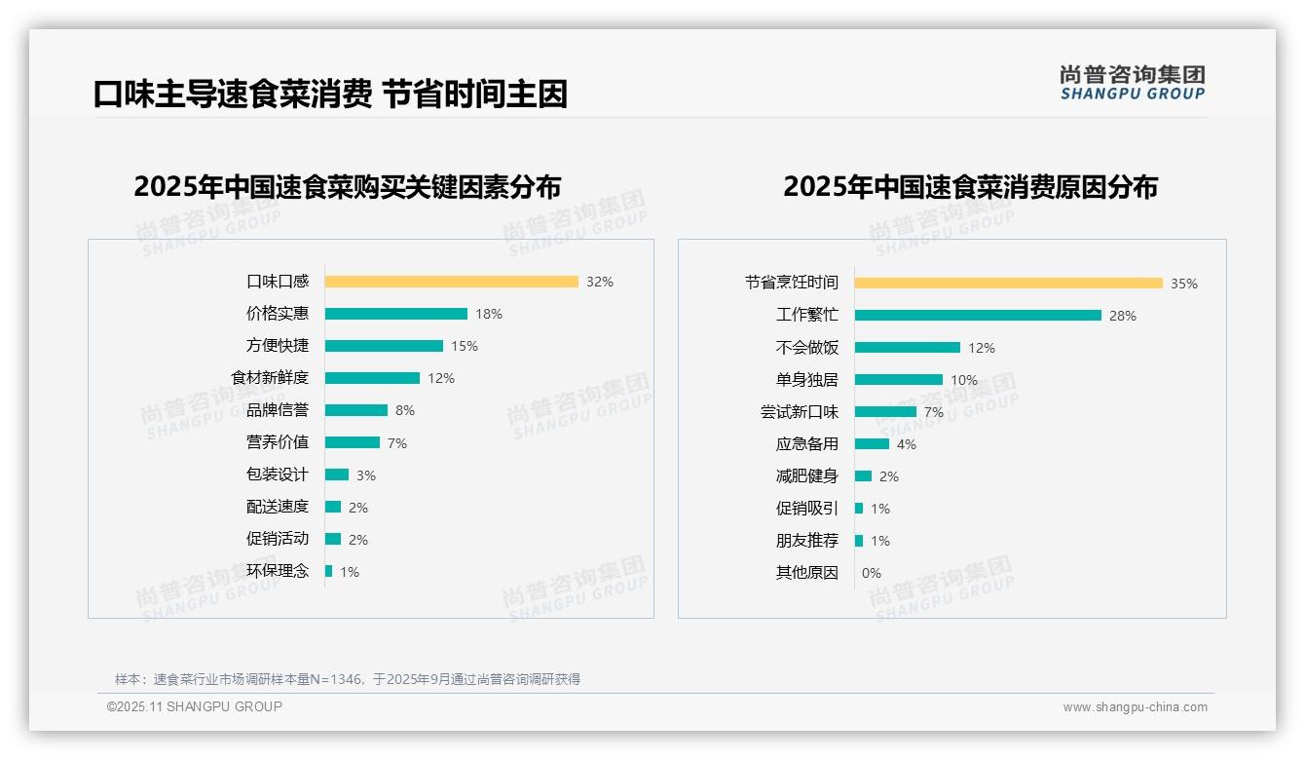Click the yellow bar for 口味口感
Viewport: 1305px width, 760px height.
tap(451, 282)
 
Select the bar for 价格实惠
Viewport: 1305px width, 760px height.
tap(395, 314)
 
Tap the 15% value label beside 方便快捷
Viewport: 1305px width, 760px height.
tap(465, 346)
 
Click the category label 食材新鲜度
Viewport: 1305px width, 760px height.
tap(270, 377)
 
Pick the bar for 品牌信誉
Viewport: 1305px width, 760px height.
tap(355, 410)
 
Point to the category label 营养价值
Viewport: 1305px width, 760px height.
tap(278, 442)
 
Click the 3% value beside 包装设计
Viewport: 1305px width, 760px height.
tap(365, 475)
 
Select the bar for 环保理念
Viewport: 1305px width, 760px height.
tap(328, 571)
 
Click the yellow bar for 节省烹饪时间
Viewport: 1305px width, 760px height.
tap(1008, 284)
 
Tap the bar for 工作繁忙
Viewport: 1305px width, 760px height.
tap(978, 316)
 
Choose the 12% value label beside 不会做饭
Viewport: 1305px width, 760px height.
tap(982, 348)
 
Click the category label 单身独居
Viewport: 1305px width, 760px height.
tap(806, 380)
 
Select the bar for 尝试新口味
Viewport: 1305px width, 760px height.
tap(885, 412)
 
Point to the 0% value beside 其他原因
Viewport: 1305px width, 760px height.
tap(872, 573)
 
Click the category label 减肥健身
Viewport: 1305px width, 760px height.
tap(806, 476)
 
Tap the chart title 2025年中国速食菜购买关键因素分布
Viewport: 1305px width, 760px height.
tap(348, 186)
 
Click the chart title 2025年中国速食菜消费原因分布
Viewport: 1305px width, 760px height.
tap(970, 186)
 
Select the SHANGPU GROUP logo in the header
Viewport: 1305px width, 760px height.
tap(1133, 82)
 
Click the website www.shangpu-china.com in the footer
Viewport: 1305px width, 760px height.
tap(1135, 707)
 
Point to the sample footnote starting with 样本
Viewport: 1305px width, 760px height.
tap(348, 679)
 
